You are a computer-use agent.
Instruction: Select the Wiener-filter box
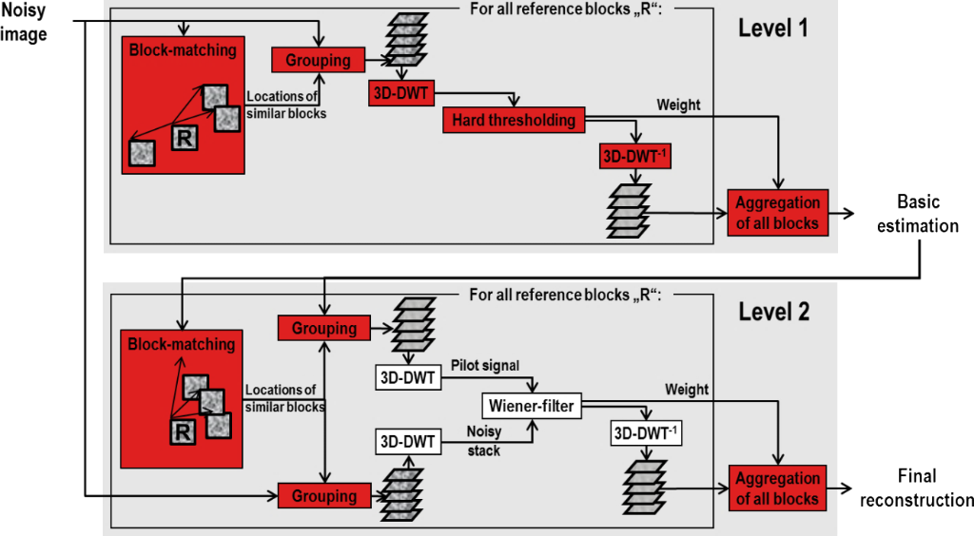(531, 407)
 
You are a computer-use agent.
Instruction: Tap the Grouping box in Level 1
(318, 61)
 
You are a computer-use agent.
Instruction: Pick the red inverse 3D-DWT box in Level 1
(634, 155)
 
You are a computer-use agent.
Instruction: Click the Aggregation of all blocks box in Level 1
(777, 212)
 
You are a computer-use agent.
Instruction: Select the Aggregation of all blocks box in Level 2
(777, 488)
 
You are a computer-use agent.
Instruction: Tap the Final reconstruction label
(916, 488)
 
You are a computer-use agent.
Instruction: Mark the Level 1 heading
(773, 28)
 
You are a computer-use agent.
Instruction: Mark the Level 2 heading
(773, 313)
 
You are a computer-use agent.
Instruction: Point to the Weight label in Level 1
(678, 105)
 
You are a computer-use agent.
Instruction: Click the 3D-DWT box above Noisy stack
(407, 442)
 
